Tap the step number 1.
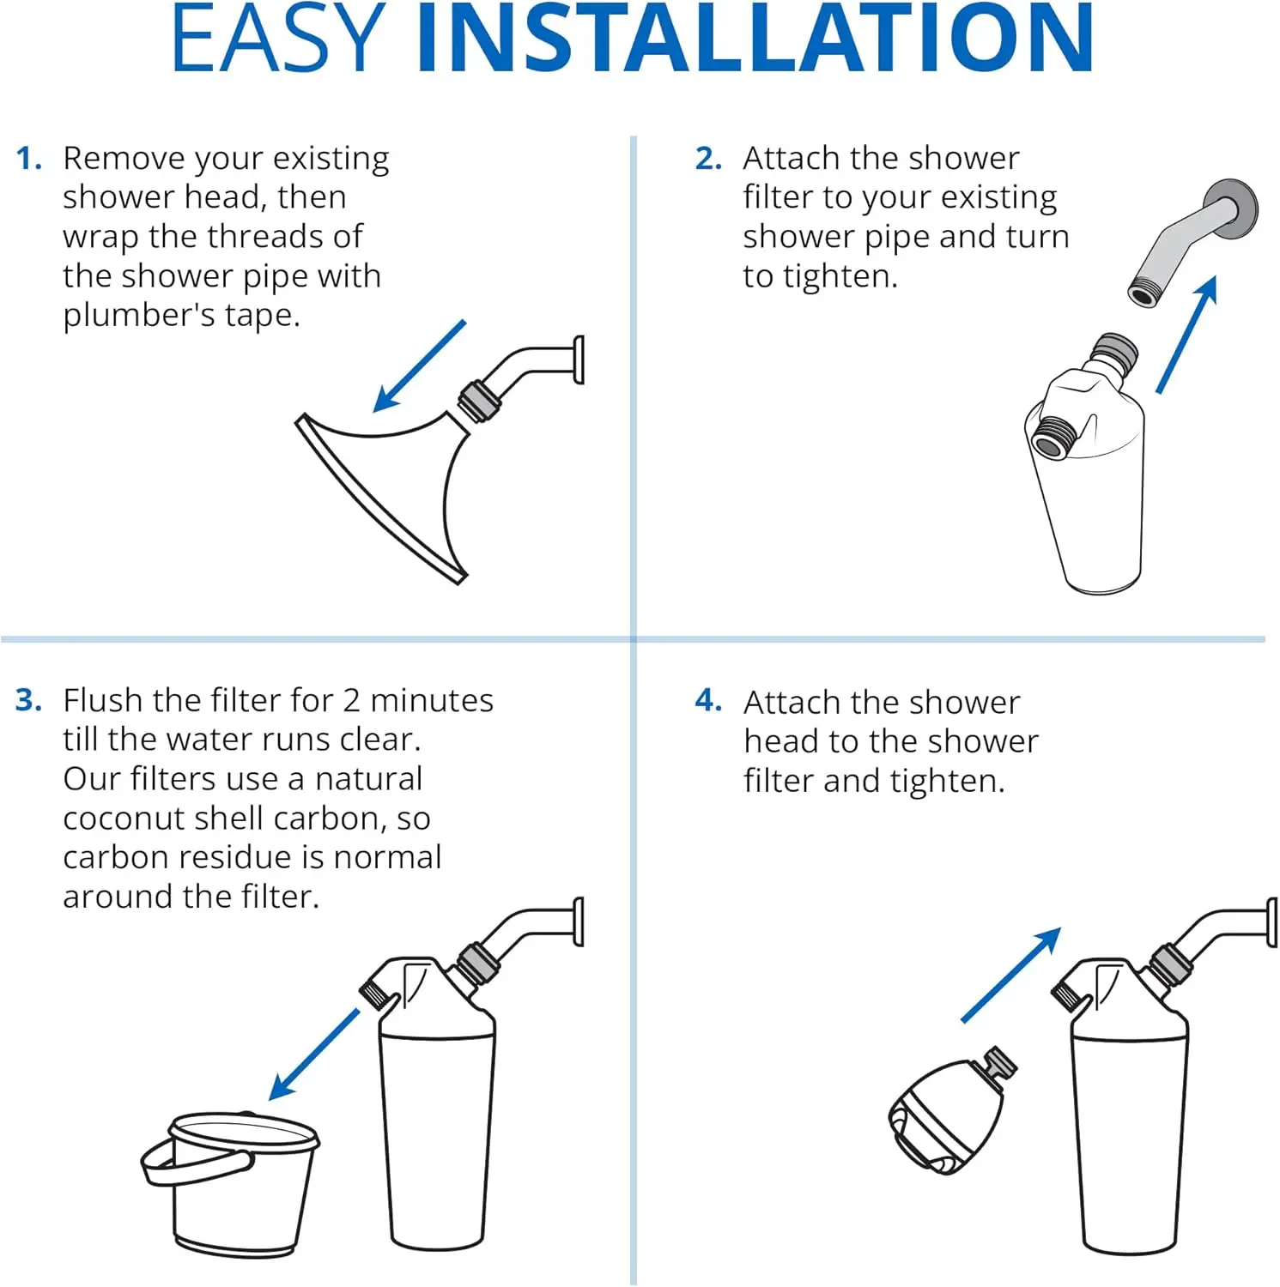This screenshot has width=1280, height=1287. click(x=28, y=159)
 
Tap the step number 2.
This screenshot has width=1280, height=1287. click(x=708, y=159)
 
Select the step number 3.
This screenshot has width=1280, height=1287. click(x=28, y=700)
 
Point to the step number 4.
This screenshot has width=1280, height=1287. click(x=708, y=700)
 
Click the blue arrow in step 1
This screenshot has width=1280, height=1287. click(x=420, y=366)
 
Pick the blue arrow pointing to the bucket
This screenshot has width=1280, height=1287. click(x=314, y=1054)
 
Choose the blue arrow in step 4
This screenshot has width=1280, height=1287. click(x=1011, y=975)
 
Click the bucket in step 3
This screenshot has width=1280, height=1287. click(x=230, y=1184)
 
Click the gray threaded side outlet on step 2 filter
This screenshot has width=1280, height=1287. click(x=1053, y=438)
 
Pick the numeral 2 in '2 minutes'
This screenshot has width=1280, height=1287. click(x=351, y=701)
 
